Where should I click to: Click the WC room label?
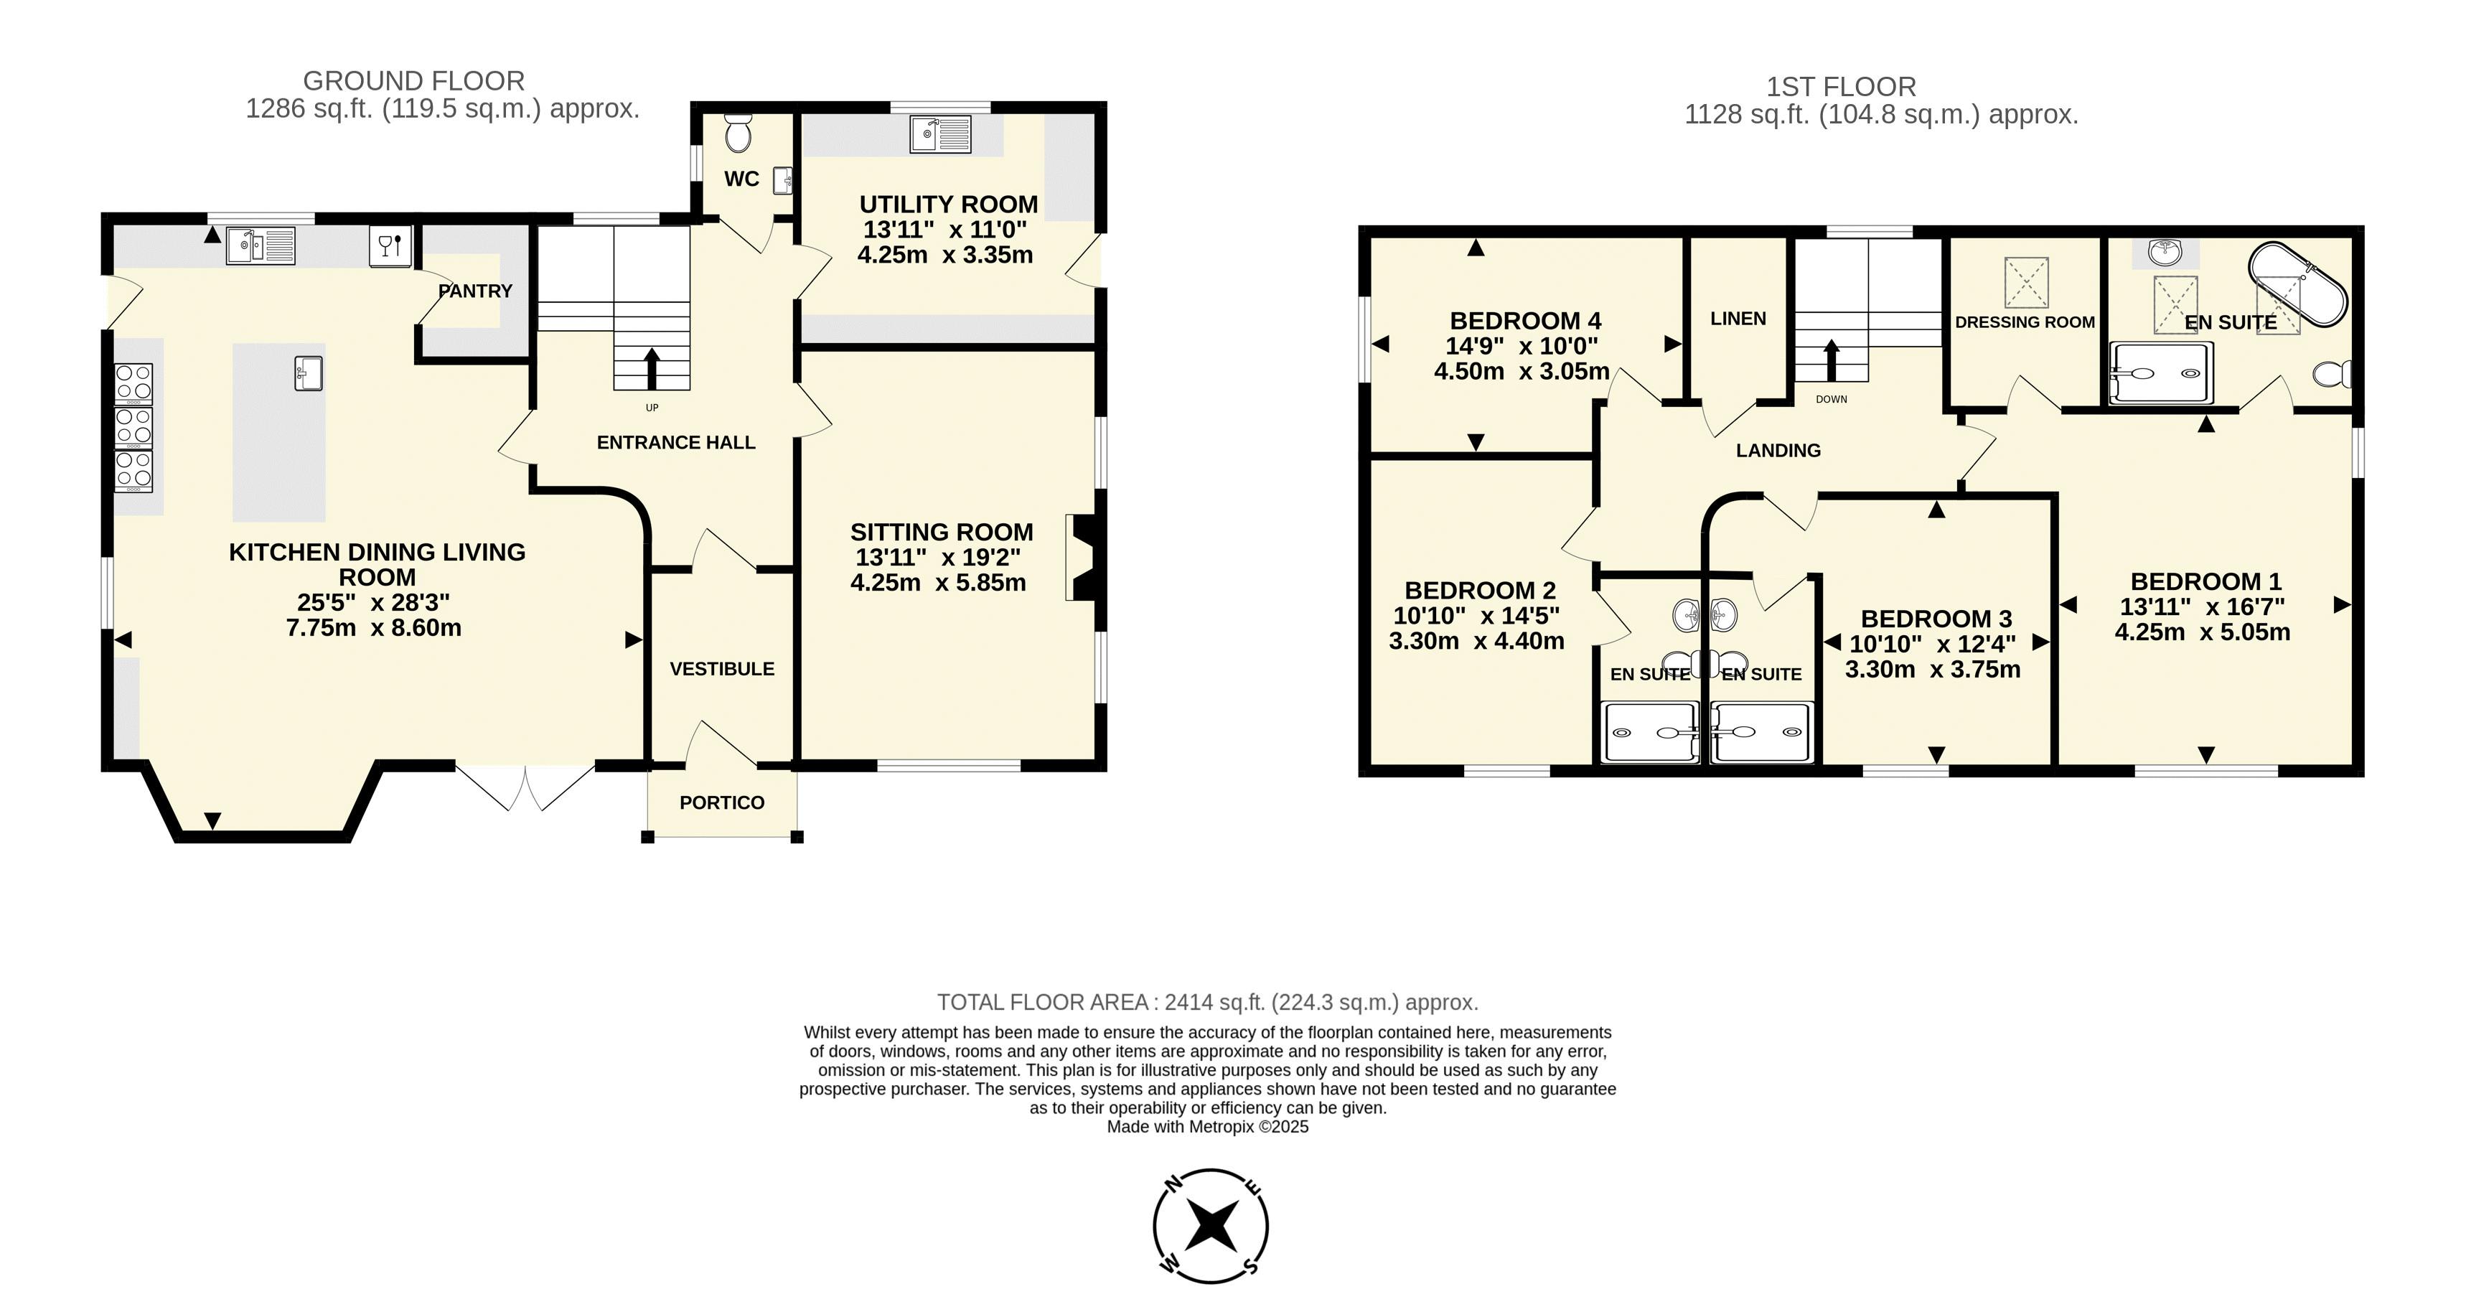coord(742,179)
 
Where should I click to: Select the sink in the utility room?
coord(941,134)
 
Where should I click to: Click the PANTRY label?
coord(476,291)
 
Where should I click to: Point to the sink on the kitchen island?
coord(309,372)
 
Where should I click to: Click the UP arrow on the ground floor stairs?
coord(652,367)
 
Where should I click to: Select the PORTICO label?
coord(722,802)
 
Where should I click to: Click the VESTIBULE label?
coord(722,670)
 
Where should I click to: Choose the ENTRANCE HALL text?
coord(676,442)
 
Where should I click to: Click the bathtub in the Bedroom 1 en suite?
coord(2297,284)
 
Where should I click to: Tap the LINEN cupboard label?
coord(1738,319)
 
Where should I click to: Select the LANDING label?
coord(1778,451)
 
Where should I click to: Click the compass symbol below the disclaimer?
coord(1211,1226)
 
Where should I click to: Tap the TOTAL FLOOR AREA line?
coord(1207,1003)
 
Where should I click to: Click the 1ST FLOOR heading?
coord(1841,87)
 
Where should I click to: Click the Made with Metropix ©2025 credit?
coord(1207,1127)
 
